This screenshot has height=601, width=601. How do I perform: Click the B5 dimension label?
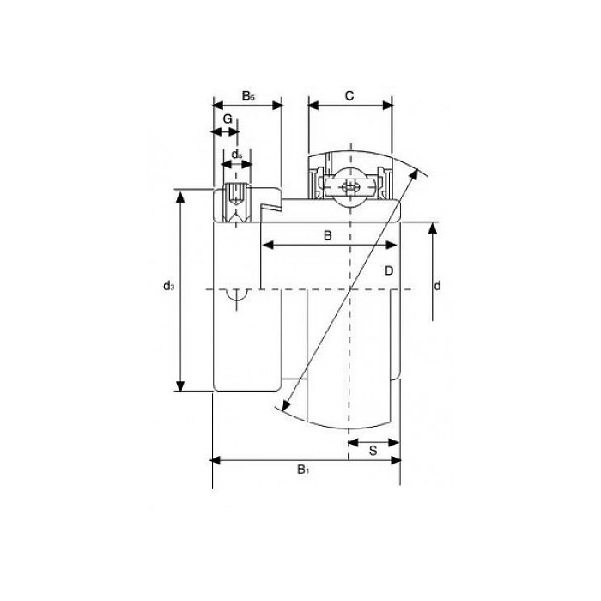pos(248,96)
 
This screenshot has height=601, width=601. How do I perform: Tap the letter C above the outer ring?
pos(349,96)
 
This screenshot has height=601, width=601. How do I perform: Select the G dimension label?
pos(228,118)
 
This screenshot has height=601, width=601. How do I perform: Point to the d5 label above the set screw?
pos(237,155)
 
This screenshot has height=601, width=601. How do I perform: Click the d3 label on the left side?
pos(168,286)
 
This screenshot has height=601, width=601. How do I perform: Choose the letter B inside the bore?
pos(327,235)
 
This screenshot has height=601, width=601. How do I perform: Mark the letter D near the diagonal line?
pos(389,271)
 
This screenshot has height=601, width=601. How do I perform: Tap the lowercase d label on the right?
pos(437,286)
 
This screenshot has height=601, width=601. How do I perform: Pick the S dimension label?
pos(373,451)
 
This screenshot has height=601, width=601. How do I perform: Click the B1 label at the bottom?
pos(303,469)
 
